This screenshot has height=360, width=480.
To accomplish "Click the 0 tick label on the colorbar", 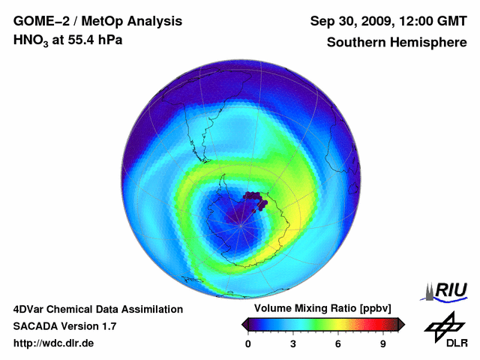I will click(248, 344).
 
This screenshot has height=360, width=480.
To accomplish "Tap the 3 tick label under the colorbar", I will click(293, 344).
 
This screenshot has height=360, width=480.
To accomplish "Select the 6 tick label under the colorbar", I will click(338, 344).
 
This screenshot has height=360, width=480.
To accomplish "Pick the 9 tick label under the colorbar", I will click(383, 344).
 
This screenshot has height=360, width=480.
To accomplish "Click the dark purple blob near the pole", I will click(256, 200).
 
